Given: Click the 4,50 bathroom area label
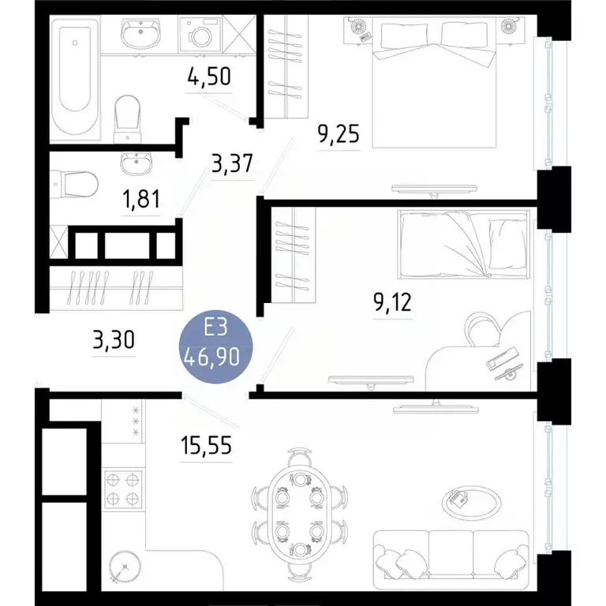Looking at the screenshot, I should tap(208, 80).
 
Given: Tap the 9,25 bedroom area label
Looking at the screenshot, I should tap(338, 134).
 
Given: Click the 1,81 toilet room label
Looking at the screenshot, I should tap(141, 199).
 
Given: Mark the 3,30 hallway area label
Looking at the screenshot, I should tap(114, 341).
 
